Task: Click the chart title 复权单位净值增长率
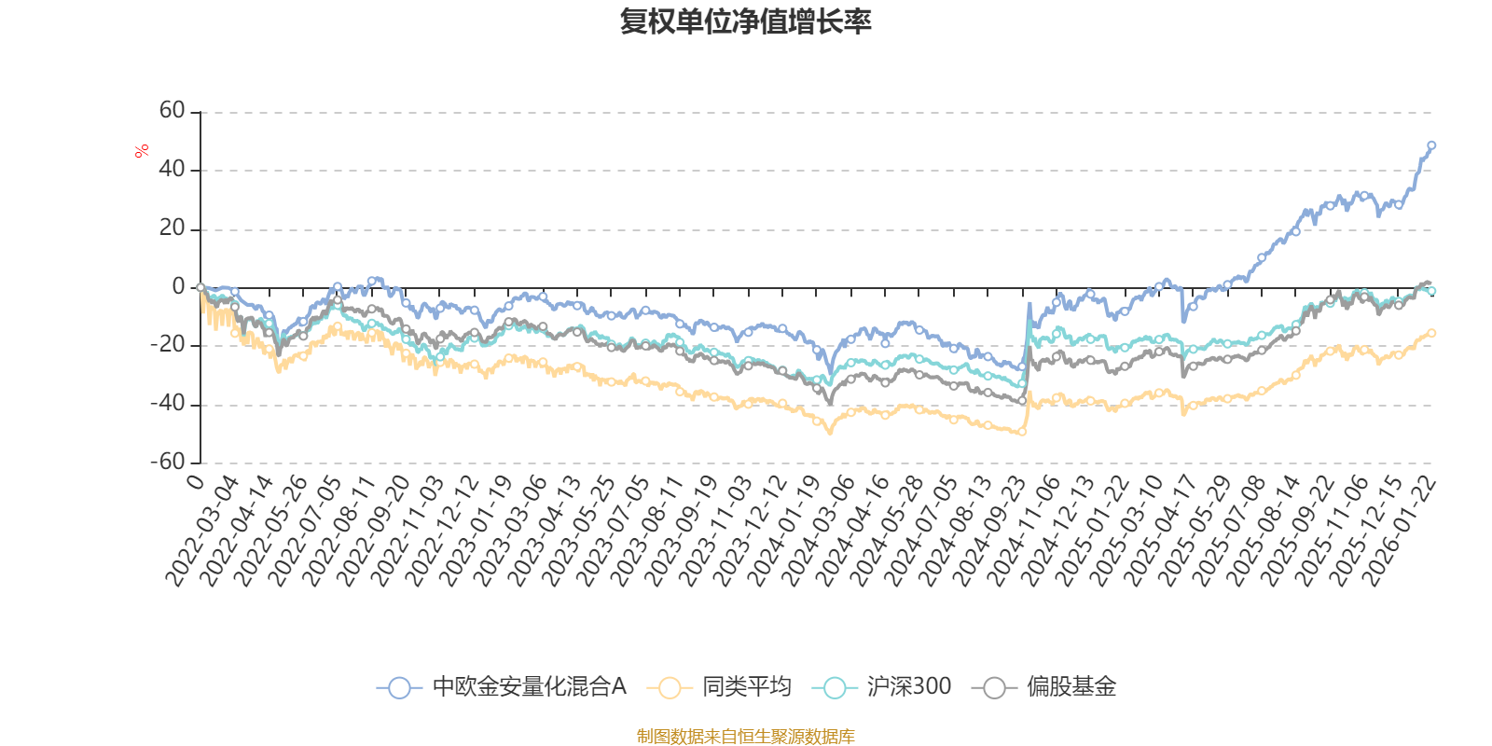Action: pos(745,22)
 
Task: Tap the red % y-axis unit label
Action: pos(142,151)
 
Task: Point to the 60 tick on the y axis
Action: pos(173,111)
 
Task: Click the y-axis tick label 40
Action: pos(173,170)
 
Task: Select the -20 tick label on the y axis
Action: pos(169,345)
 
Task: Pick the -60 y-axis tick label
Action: pos(169,462)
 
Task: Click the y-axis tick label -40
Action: pos(169,404)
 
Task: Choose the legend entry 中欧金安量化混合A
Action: pos(529,687)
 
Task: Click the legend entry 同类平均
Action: pos(746,687)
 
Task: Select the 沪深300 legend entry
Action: pos(908,687)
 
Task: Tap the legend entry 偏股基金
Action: pos(1071,687)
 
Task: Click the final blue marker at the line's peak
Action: pos(1431,145)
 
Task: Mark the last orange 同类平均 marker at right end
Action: pos(1431,333)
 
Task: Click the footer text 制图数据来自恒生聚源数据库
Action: pos(745,737)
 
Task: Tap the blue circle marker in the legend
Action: pos(399,688)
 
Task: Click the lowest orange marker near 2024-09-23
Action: pos(1022,432)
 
